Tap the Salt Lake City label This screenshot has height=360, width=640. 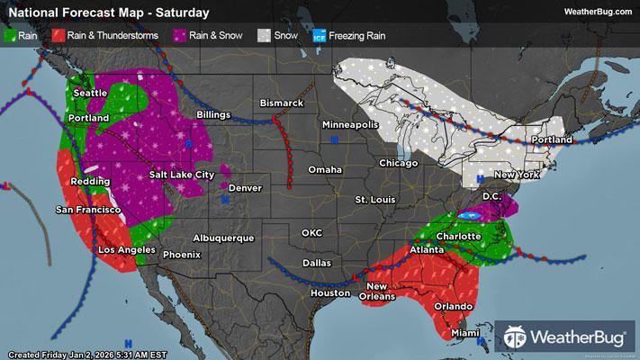pos(181,174)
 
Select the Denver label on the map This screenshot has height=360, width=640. pos(245,187)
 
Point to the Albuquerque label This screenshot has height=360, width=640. pos(222,238)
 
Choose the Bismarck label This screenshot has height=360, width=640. pos(282,103)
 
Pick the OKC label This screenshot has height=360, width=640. pos(311,233)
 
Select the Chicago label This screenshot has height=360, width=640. pos(399,163)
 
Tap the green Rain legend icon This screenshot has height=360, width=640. pos(11,35)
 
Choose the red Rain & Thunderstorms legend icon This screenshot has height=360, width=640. pos(57,35)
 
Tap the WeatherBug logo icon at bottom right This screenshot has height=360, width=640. pos(517,337)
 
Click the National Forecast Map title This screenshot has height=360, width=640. pos(108,13)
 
